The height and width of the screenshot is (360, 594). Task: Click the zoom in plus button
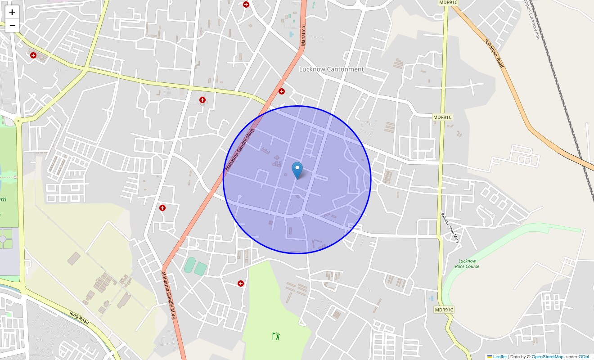[12, 12]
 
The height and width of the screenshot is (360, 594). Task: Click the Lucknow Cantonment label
[331, 69]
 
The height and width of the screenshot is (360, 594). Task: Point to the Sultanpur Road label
[494, 53]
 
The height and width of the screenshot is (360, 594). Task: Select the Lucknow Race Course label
[467, 264]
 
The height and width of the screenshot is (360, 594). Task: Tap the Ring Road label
[79, 318]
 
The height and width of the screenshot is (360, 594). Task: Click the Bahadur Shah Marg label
[450, 228]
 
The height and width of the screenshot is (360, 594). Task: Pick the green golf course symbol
[276, 336]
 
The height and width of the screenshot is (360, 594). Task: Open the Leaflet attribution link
[499, 357]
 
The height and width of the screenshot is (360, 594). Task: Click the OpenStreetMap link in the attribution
[547, 357]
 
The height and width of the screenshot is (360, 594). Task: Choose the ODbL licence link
[585, 357]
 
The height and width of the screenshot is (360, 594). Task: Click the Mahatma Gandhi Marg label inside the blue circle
[240, 150]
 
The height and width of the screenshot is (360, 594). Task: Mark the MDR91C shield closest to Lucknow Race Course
[444, 310]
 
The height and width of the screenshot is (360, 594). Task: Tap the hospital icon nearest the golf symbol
[241, 283]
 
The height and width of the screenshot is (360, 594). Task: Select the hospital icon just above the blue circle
[282, 91]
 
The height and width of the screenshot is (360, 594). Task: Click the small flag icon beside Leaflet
[490, 357]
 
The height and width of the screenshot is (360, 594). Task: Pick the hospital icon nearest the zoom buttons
[33, 55]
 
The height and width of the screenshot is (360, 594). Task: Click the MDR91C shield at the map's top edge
[448, 3]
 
